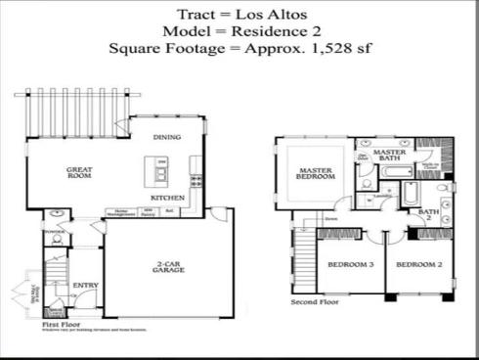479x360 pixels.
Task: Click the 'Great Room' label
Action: (x=79, y=173)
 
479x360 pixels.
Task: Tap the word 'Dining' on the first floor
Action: (x=168, y=136)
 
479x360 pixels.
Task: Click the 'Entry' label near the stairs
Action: (x=84, y=286)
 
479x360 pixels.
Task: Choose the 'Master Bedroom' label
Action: (x=317, y=174)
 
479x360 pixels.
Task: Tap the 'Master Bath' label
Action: (x=389, y=157)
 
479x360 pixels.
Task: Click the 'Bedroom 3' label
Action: (x=350, y=264)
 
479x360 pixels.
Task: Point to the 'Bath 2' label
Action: (x=428, y=213)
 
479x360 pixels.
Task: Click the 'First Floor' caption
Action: (x=61, y=323)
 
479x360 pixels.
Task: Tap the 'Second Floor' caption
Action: (x=315, y=302)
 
